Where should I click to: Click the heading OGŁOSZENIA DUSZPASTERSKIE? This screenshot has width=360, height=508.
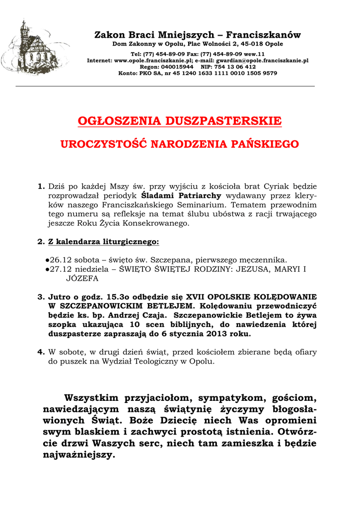point(180,121)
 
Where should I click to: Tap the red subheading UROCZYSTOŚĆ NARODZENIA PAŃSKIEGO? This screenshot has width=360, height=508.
point(180,144)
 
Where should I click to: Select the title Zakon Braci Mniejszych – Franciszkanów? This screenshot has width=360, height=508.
point(198,35)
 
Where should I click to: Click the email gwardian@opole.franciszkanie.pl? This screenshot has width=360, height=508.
point(262,60)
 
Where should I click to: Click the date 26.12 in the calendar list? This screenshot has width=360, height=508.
point(61,260)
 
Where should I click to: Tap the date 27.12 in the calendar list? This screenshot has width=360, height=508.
point(61,269)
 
